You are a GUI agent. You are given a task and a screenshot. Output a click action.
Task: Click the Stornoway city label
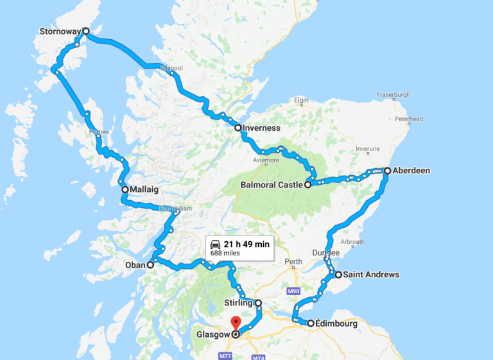click(60, 31)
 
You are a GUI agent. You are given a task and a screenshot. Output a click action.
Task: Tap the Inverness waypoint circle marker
click(238, 128)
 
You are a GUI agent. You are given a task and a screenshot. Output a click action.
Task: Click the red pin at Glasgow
click(236, 323)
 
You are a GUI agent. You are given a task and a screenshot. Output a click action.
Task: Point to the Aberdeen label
click(412, 171)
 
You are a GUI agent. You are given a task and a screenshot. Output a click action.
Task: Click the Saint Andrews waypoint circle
click(338, 275)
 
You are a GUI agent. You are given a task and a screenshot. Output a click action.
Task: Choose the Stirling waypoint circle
click(258, 303)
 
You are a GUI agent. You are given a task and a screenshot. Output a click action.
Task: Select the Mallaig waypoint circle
click(125, 190)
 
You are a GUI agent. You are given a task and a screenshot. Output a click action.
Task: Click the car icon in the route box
click(215, 244)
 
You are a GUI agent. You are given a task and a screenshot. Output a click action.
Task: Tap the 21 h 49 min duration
click(247, 244)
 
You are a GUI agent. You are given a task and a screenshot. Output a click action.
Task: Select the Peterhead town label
click(410, 119)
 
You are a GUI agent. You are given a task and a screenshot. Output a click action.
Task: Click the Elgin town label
click(301, 101)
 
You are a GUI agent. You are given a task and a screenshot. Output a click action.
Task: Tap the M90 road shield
click(294, 291)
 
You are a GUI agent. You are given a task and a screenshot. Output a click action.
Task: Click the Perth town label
click(293, 262)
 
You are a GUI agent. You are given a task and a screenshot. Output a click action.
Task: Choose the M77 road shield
click(224, 356)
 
